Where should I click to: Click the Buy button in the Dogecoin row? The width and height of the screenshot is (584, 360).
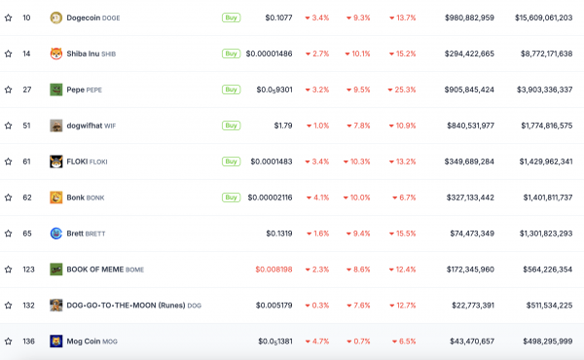coord(231,18)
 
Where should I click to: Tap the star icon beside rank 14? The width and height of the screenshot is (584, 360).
coord(9,54)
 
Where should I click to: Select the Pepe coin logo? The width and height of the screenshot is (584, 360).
coord(56,90)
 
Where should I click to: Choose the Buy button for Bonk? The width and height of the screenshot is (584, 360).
coord(231,198)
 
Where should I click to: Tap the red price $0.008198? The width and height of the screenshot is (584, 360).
coord(274,270)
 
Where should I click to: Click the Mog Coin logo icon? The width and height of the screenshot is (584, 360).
coord(56,342)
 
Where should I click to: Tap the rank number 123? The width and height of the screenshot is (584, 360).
coord(28,270)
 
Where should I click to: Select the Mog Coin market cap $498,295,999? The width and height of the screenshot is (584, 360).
coord(537,342)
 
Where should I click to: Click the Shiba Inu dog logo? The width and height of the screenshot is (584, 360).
coord(56,54)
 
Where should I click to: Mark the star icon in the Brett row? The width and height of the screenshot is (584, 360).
coord(9,234)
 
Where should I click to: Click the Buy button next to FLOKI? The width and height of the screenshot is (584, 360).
coord(231,162)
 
